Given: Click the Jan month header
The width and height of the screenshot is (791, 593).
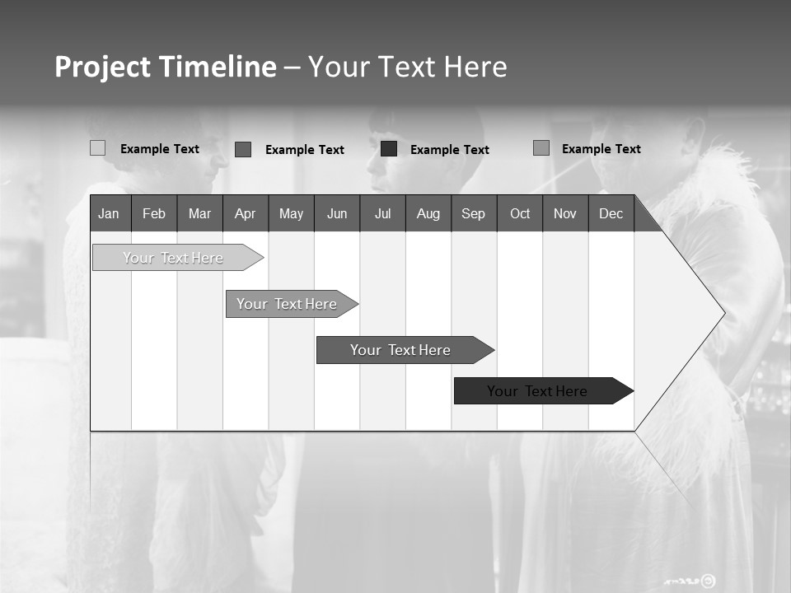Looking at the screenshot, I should (109, 213).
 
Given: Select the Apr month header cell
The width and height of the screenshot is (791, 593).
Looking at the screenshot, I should (245, 213).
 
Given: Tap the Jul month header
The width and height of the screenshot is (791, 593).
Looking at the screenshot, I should (382, 213).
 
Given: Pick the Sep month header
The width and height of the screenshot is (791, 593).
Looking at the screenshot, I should (473, 213).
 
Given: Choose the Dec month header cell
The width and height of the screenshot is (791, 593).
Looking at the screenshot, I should (611, 213).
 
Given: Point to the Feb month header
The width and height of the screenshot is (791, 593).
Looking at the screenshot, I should (154, 213).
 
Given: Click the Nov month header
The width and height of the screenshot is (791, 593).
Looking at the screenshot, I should (564, 213).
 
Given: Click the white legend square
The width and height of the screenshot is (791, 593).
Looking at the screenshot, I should (98, 148).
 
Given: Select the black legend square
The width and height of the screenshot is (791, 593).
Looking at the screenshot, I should (389, 149).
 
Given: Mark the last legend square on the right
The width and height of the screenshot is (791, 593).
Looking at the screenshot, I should (541, 148).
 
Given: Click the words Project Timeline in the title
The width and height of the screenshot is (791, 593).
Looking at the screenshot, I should (166, 67).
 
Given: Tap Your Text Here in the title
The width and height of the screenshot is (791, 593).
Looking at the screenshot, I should (408, 67).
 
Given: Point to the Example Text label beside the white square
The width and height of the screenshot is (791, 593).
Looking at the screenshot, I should (160, 149).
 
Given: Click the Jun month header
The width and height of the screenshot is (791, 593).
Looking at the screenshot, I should (337, 213).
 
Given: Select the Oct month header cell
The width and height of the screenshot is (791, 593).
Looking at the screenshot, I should (520, 213).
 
